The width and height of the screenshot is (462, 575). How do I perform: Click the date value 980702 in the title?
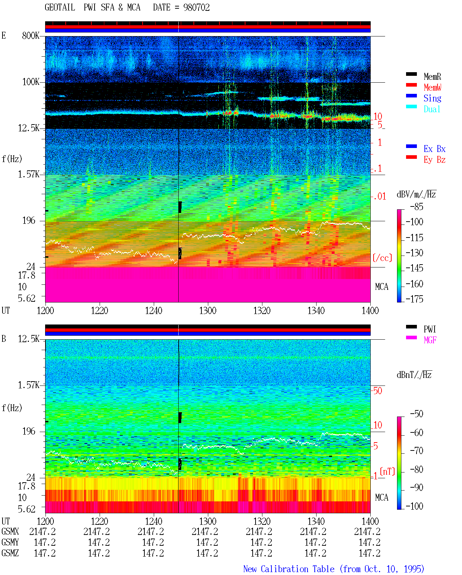pyautogui.click(x=196, y=8)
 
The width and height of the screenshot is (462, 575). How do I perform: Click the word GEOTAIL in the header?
pyautogui.click(x=60, y=8)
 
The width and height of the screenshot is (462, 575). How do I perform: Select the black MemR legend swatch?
pyautogui.click(x=411, y=74)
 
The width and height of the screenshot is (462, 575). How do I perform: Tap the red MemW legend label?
pyautogui.click(x=432, y=87)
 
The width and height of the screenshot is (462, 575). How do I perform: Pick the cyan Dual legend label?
pyautogui.click(x=432, y=109)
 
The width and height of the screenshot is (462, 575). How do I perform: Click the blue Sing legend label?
pyautogui.click(x=432, y=98)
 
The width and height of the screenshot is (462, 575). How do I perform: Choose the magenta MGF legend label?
pyautogui.click(x=430, y=340)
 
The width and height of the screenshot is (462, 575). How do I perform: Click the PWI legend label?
pyautogui.click(x=430, y=329)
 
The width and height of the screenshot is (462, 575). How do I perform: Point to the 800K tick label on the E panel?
pyautogui.click(x=30, y=36)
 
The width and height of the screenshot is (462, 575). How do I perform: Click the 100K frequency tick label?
pyautogui.click(x=30, y=82)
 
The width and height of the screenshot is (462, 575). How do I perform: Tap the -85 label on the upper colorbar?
pyautogui.click(x=417, y=207)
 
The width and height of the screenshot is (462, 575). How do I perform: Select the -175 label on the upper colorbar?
pyautogui.click(x=414, y=299)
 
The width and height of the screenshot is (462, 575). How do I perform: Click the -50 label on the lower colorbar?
pyautogui.click(x=417, y=414)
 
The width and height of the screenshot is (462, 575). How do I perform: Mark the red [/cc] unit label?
pyautogui.click(x=382, y=258)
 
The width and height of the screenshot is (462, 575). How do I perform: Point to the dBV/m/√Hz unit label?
pyautogui.click(x=417, y=194)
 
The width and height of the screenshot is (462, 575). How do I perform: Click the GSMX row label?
pyautogui.click(x=10, y=532)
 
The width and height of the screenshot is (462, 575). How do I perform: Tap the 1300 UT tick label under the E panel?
pyautogui.click(x=208, y=311)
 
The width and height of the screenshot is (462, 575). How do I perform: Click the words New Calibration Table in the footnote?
pyautogui.click(x=289, y=569)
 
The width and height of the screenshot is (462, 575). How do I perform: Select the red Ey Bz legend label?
pyautogui.click(x=435, y=160)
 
